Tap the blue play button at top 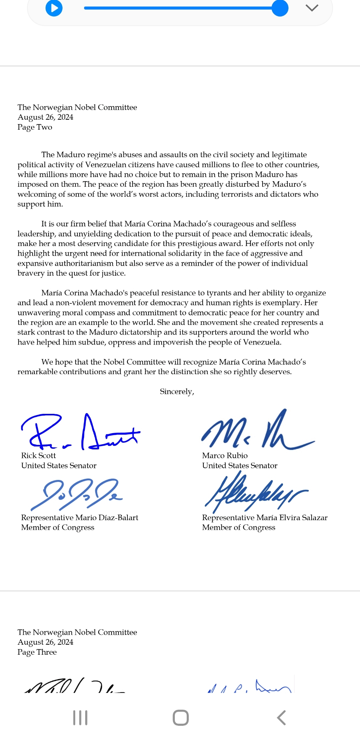54,8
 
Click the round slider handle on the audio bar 280,8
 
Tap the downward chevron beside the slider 312,8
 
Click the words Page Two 35,127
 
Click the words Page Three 37,652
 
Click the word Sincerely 176,392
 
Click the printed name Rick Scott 39,456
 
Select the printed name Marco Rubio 225,456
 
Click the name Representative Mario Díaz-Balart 80,518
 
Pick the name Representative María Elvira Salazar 264,518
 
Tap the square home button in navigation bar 181,718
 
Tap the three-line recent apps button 80,718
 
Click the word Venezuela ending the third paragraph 261,342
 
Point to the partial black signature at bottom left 74,686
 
